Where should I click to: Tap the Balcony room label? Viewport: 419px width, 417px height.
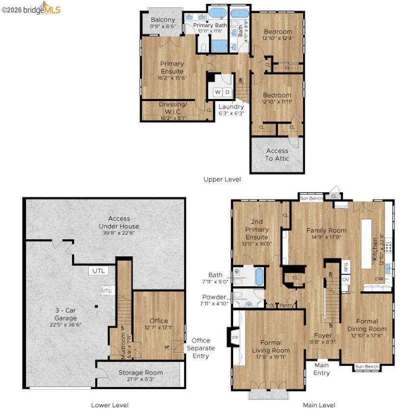[x=163, y=20]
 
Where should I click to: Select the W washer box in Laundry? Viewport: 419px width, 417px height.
[x=217, y=92]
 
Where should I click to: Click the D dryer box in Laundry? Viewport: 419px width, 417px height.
[x=228, y=92]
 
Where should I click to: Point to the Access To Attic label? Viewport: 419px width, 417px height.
[x=277, y=155]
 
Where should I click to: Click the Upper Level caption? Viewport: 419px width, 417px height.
[x=222, y=180]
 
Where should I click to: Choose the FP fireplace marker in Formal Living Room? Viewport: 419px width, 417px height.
[x=235, y=338]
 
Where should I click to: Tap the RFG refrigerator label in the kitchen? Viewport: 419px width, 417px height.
[x=346, y=267]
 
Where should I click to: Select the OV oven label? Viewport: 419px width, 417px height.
[x=346, y=280]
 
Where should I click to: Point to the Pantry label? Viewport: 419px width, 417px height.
[x=287, y=305]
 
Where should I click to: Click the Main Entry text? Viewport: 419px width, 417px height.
[x=321, y=369]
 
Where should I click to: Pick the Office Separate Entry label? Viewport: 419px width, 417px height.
[x=201, y=348]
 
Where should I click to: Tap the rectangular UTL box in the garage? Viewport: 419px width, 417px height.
[x=96, y=270]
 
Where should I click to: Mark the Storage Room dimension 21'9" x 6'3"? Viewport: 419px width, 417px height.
[x=140, y=380]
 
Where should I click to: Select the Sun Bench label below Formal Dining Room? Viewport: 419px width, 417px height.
[x=367, y=366]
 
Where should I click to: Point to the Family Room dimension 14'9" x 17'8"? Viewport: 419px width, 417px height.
[x=326, y=238]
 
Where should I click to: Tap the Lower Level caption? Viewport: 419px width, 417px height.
[x=110, y=405]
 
